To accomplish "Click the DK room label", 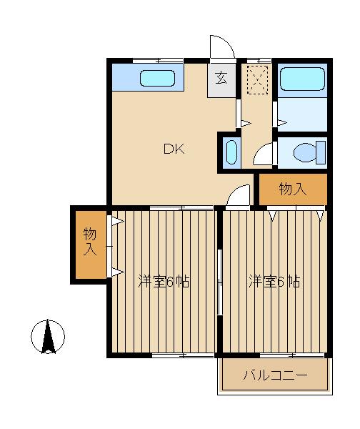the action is [174, 149].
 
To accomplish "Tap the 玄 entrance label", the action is [221, 78].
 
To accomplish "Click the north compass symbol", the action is [48, 337].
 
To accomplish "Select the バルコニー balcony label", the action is [275, 375].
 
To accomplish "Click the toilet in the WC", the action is [309, 152].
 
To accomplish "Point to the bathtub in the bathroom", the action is [302, 79].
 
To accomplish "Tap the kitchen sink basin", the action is [157, 78].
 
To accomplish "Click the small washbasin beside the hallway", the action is [231, 152].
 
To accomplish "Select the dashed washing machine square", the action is [257, 80].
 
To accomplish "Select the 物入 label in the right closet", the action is [293, 189].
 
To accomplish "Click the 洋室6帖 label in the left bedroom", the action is [164, 281].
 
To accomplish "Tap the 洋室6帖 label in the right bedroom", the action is [274, 281].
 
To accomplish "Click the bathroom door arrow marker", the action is [282, 122].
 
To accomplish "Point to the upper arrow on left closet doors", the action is [118, 221].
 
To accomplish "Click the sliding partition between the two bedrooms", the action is [219, 282].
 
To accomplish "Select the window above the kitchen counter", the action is [158, 61].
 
